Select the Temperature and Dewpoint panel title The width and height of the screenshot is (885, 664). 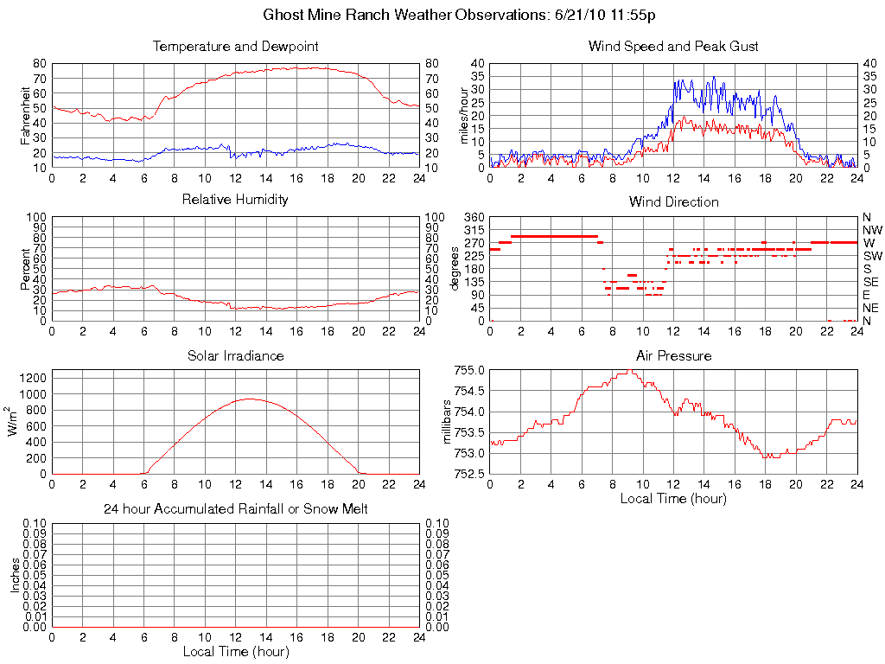click(x=235, y=46)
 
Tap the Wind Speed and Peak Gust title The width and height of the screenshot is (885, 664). click(x=673, y=46)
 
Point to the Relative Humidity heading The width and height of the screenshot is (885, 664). click(x=235, y=200)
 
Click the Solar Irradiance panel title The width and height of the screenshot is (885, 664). click(x=235, y=355)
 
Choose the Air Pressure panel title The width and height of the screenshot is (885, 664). click(x=673, y=355)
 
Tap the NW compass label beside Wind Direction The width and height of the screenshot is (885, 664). click(x=872, y=230)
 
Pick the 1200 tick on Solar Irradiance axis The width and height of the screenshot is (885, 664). click(x=33, y=378)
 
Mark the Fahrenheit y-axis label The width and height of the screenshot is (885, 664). click(x=25, y=115)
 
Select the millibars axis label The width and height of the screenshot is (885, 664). click(x=447, y=422)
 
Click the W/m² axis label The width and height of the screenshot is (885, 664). click(x=13, y=422)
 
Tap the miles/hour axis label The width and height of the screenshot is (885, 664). click(x=463, y=115)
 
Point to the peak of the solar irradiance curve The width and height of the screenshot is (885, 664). click(x=250, y=399)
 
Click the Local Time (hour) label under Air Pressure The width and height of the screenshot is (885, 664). click(x=673, y=498)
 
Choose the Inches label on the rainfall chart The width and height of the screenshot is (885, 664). click(x=15, y=575)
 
